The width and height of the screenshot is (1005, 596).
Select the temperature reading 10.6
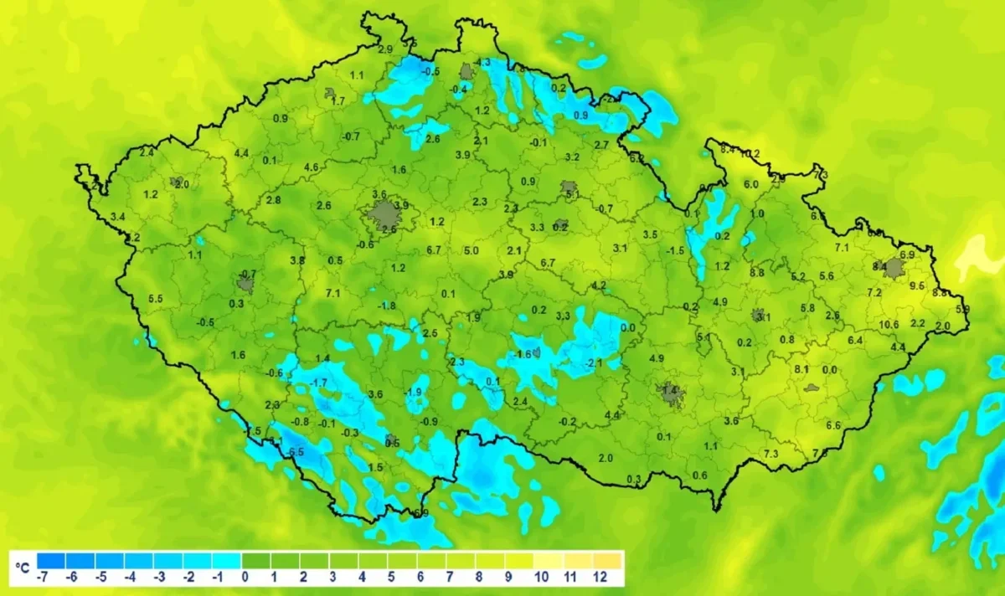click(x=889, y=324)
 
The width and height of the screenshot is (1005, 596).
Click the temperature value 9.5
click(x=916, y=285)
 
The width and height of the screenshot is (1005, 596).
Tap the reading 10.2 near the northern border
click(x=750, y=153)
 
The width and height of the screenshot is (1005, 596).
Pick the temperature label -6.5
click(x=295, y=452)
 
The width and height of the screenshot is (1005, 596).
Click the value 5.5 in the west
click(x=155, y=299)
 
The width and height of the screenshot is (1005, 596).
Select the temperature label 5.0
click(x=472, y=250)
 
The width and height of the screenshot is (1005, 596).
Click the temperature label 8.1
click(x=801, y=369)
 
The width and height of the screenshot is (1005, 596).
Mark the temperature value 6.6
click(x=833, y=425)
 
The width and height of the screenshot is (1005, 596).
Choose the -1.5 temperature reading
click(x=676, y=250)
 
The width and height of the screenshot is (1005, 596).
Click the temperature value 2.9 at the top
click(x=385, y=49)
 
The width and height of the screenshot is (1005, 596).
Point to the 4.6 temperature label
click(x=311, y=167)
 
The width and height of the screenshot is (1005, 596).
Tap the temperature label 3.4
click(x=117, y=217)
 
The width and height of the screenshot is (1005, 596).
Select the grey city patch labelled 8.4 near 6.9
click(x=895, y=268)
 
